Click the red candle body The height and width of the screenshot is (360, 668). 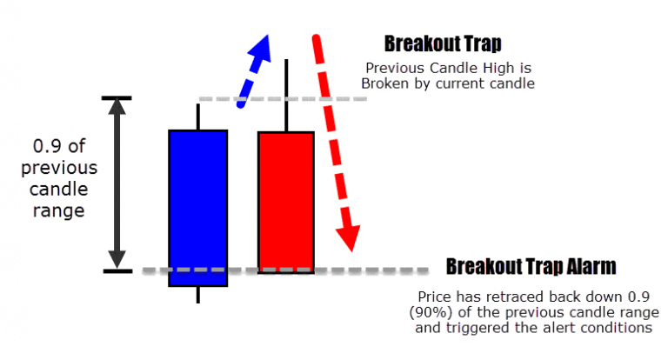286,202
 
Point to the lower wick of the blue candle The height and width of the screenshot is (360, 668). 198,295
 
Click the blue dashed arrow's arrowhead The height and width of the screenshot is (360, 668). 260,45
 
